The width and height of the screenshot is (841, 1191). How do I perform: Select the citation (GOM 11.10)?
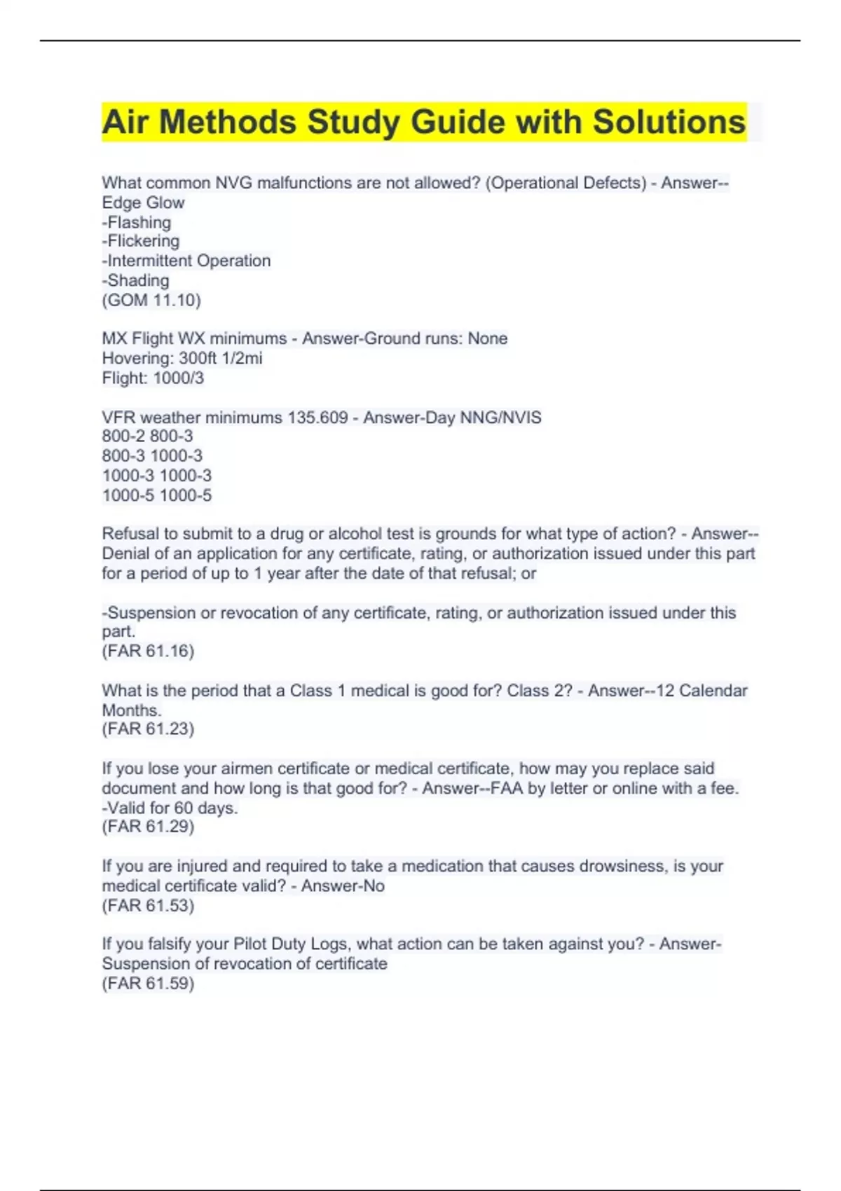tap(151, 300)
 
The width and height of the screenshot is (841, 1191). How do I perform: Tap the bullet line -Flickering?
tap(141, 241)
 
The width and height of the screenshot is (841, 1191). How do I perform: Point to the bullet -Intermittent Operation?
tap(186, 261)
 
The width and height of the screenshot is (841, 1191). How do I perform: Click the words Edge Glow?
tap(143, 202)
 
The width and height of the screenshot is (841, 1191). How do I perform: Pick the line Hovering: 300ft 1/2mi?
tap(182, 358)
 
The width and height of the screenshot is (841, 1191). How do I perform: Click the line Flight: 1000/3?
tap(153, 378)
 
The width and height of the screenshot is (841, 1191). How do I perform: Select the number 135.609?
tap(317, 418)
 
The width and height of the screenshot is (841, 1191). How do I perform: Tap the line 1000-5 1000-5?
tap(157, 495)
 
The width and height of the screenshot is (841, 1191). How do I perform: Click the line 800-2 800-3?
tap(147, 436)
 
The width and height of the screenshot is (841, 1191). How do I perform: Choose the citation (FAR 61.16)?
tap(148, 651)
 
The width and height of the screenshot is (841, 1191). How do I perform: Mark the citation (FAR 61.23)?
tap(148, 729)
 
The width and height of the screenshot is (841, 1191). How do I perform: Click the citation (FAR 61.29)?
tap(148, 827)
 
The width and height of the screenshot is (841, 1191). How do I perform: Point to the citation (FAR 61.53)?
tap(148, 905)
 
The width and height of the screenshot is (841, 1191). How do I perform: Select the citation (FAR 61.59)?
tap(148, 983)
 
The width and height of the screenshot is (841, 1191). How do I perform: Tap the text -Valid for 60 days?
tap(170, 808)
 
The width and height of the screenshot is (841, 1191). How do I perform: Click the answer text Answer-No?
tap(343, 886)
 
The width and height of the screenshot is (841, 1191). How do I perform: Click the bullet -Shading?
tap(136, 280)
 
